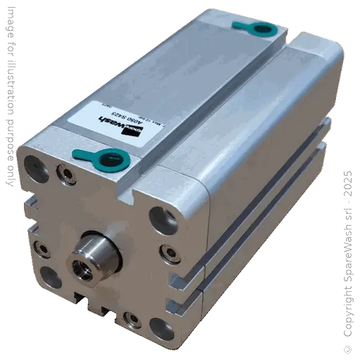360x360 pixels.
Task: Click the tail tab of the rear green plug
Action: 239,25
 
